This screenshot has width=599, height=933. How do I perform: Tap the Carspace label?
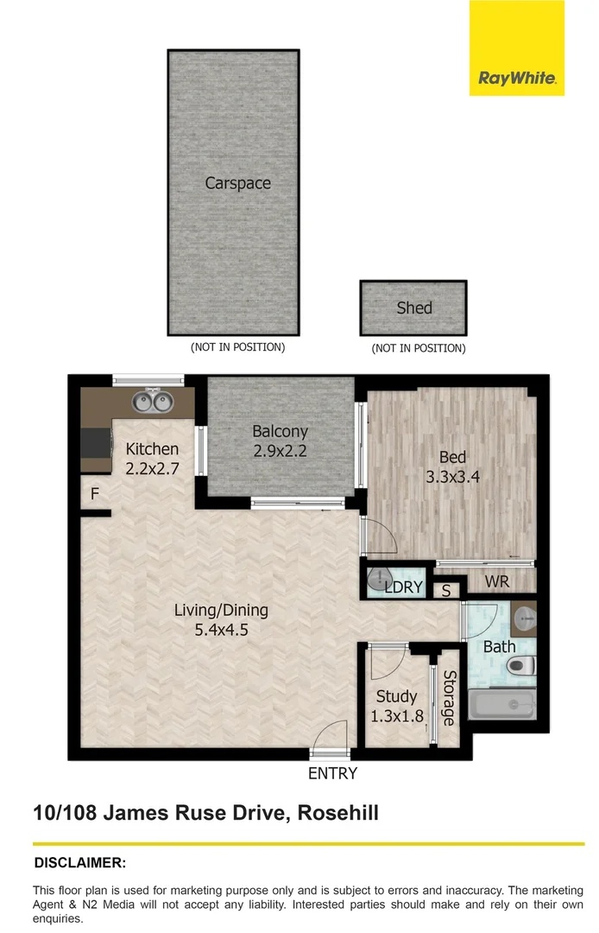(237, 183)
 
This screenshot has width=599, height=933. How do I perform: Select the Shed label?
(413, 308)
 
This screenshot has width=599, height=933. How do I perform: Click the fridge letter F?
(95, 495)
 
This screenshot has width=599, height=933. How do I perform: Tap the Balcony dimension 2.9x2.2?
(280, 450)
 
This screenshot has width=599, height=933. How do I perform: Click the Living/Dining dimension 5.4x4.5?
(221, 630)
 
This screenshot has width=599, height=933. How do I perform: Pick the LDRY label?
(403, 587)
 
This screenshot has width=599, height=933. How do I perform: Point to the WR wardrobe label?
(497, 582)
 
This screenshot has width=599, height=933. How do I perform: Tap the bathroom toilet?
(520, 665)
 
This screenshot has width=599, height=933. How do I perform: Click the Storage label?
(448, 698)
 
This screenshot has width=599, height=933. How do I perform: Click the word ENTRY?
(332, 774)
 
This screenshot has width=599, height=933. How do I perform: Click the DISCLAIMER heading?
(80, 863)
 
